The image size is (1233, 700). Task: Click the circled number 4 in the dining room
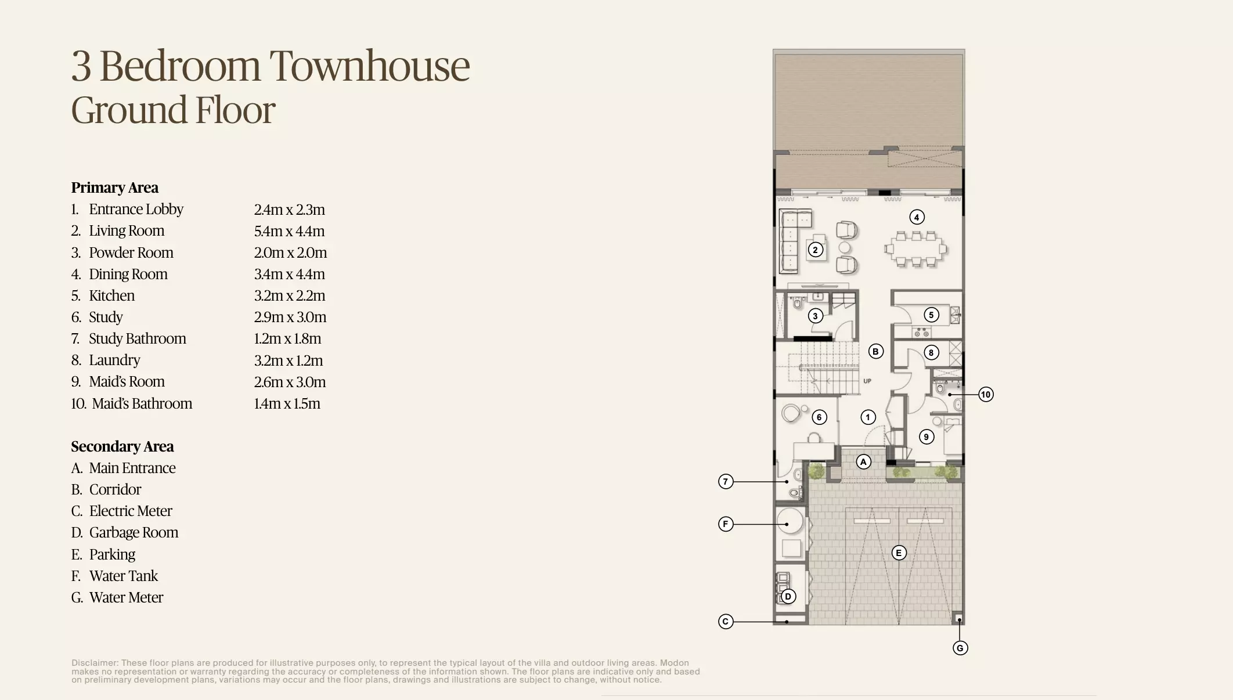[x=917, y=217]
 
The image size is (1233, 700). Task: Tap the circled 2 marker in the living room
[x=816, y=250]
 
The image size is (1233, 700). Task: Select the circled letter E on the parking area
[x=899, y=553]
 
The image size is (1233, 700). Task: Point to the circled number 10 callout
[x=986, y=395]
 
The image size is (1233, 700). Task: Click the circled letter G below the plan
[x=960, y=648]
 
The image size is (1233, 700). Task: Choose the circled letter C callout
[x=726, y=622]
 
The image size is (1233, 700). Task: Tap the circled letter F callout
[x=726, y=524]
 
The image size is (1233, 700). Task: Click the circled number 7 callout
[x=726, y=481]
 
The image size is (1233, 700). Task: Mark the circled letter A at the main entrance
[x=864, y=461]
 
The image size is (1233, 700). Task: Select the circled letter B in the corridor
[x=875, y=351]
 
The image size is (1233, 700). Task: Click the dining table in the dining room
[x=916, y=249]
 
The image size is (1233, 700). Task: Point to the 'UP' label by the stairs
[x=867, y=381]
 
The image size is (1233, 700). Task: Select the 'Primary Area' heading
[x=114, y=187]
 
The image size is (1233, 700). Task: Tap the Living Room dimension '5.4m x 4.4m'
[x=289, y=231]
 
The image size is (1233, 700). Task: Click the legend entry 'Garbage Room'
[x=134, y=532]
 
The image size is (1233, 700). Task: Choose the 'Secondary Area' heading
[x=122, y=446]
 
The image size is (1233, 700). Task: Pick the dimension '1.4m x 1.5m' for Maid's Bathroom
[x=287, y=403]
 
